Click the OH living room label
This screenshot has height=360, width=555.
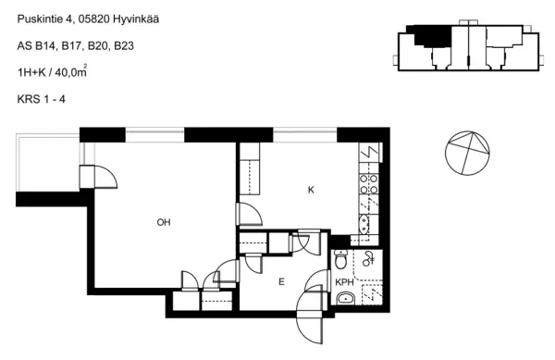163,222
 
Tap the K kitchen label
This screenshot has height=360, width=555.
312,190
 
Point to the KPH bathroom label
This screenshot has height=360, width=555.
344,283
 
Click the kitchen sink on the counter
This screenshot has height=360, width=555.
364,222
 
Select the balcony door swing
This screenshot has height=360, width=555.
104,177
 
